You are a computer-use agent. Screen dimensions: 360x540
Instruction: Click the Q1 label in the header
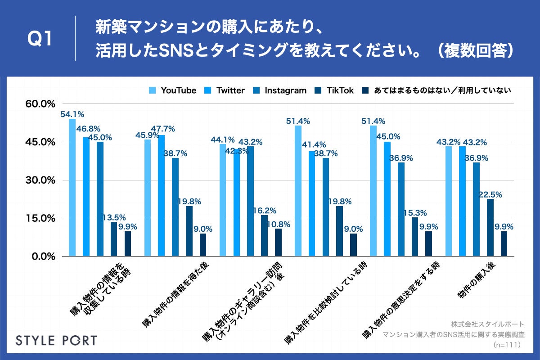coord(40,40)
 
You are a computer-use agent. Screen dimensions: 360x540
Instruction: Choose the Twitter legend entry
coord(225,90)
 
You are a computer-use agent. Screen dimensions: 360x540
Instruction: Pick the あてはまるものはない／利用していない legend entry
coord(436,90)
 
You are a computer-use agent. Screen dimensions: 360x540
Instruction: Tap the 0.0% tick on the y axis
coord(43,256)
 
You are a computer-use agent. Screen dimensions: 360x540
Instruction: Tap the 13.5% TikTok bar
coord(114,239)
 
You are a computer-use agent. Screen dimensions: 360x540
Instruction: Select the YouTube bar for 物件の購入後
coord(449,201)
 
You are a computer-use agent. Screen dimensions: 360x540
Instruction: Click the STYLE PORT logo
coord(56,340)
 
